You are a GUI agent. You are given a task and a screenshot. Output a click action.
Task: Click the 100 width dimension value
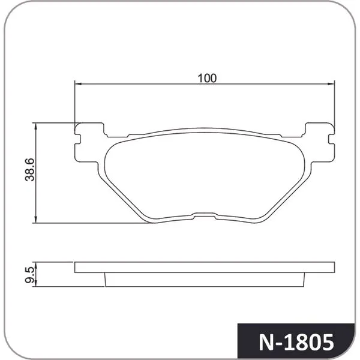click(x=207, y=78)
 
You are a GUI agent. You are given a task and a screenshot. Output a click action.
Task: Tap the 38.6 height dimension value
click(x=30, y=170)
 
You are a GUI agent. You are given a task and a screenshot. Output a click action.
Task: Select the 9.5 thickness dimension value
click(x=30, y=275)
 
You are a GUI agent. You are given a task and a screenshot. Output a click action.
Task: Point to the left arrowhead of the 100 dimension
click(x=78, y=84)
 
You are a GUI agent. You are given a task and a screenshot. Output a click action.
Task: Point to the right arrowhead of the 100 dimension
click(x=331, y=84)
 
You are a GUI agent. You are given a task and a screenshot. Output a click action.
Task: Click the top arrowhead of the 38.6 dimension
click(x=35, y=127)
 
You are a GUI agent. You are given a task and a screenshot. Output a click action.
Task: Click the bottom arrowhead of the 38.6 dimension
click(x=35, y=219)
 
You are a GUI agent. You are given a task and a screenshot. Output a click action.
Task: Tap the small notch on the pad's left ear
click(x=77, y=139)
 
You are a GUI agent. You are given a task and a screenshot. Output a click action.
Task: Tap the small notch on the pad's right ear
click(x=332, y=139)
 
